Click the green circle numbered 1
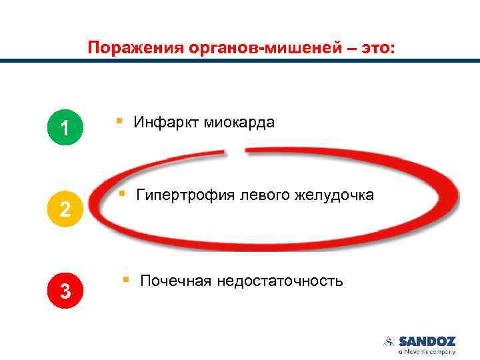tap(65, 127)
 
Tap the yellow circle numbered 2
tap(65, 209)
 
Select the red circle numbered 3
tap(65, 291)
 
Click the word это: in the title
tap(377, 48)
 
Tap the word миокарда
tap(239, 122)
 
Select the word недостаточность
tap(281, 281)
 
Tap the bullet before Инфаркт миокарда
tap(119, 121)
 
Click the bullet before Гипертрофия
tap(121, 194)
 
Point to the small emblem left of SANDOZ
tap(389, 341)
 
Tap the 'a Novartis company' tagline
tap(427, 351)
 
